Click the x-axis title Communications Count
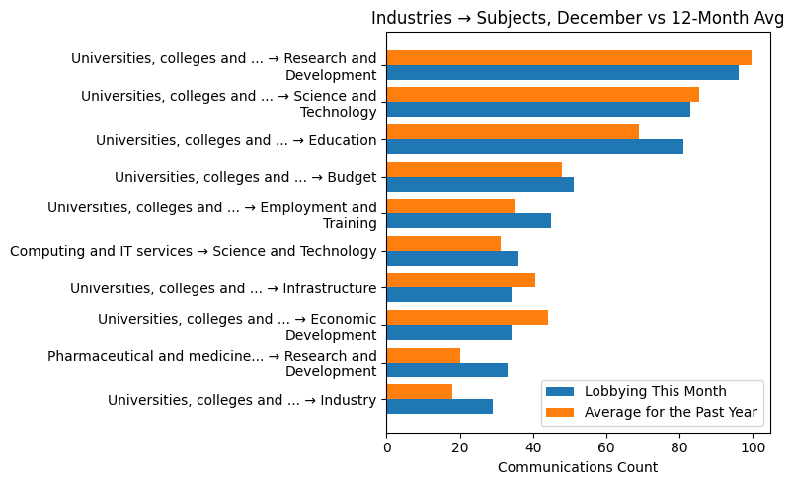[578, 467]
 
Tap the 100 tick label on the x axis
[753, 447]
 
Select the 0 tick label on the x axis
[387, 447]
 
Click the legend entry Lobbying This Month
[655, 390]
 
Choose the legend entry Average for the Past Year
[671, 411]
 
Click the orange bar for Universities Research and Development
[569, 57]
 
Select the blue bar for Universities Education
[534, 147]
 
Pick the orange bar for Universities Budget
[474, 169]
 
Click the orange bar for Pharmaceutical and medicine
[423, 355]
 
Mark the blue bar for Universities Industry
[439, 406]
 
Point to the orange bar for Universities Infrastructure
[460, 281]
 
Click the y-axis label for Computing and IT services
[194, 251]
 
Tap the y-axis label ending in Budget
[245, 177]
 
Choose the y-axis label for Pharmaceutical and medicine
[212, 363]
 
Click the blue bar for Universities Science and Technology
[538, 110]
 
